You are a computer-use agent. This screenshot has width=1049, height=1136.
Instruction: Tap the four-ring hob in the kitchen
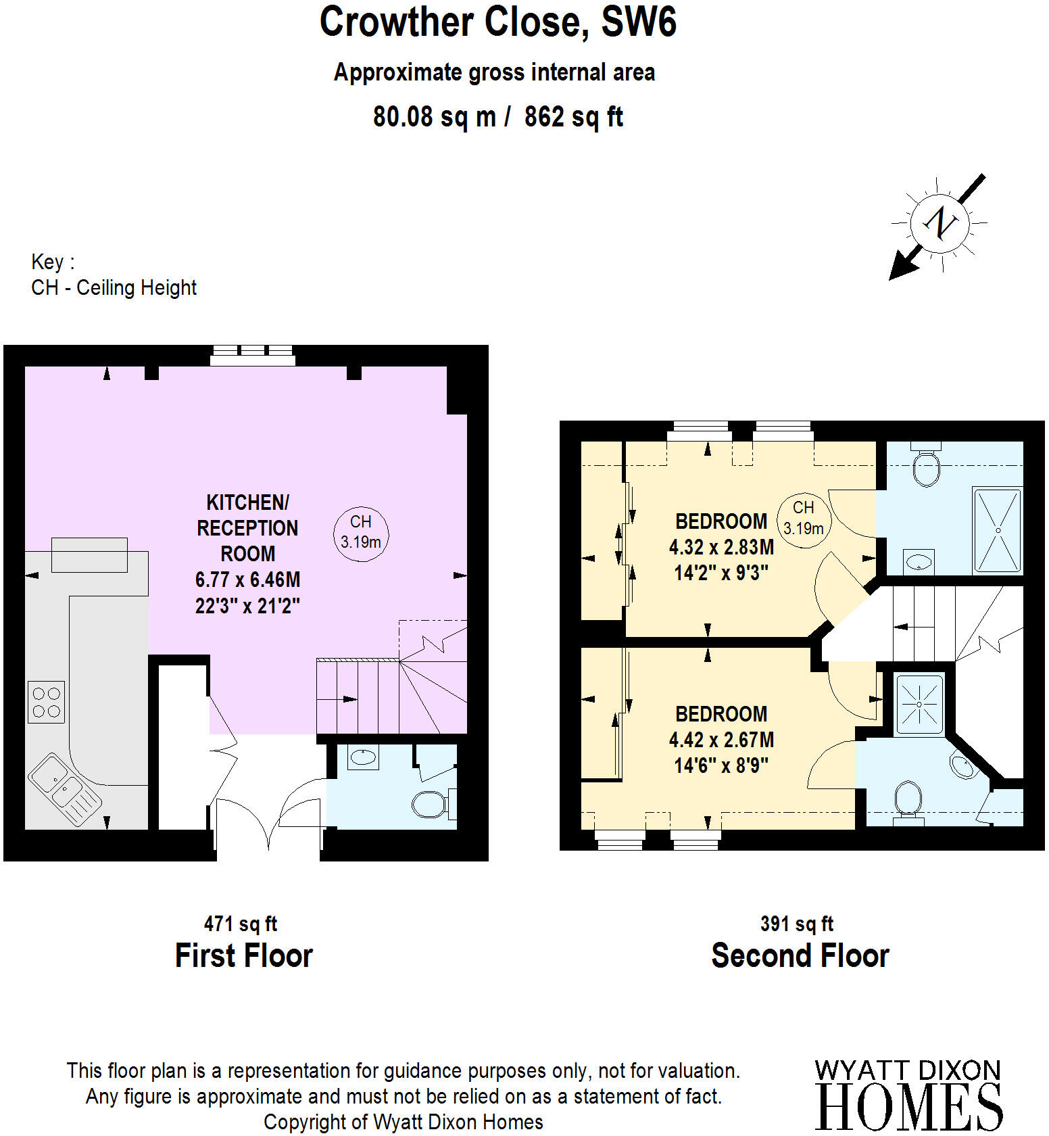(x=46, y=702)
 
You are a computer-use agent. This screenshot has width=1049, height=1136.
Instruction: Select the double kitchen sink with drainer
(x=64, y=788)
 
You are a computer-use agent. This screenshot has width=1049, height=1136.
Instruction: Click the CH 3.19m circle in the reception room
(x=361, y=532)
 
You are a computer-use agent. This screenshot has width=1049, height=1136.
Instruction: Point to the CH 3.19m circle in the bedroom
(x=803, y=518)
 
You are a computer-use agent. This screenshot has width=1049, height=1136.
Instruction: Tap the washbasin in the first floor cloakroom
(x=364, y=757)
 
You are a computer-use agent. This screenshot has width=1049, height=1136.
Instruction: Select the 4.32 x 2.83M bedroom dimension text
(x=721, y=547)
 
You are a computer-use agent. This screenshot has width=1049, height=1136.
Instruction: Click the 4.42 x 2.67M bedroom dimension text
(x=721, y=740)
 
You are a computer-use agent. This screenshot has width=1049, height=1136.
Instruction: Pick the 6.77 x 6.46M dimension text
(x=247, y=579)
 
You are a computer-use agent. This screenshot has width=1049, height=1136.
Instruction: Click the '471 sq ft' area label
(x=241, y=924)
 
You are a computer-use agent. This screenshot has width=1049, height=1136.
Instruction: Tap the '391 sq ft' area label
(x=797, y=924)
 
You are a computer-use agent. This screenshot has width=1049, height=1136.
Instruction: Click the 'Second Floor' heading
(x=800, y=956)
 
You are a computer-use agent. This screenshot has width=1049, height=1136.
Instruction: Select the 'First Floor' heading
(x=243, y=956)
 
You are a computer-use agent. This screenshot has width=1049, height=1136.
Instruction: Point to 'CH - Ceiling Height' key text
(x=114, y=288)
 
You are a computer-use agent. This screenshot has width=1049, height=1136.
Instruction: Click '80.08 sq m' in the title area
(x=434, y=117)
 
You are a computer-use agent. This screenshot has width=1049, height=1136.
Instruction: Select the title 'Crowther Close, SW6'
(x=497, y=22)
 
